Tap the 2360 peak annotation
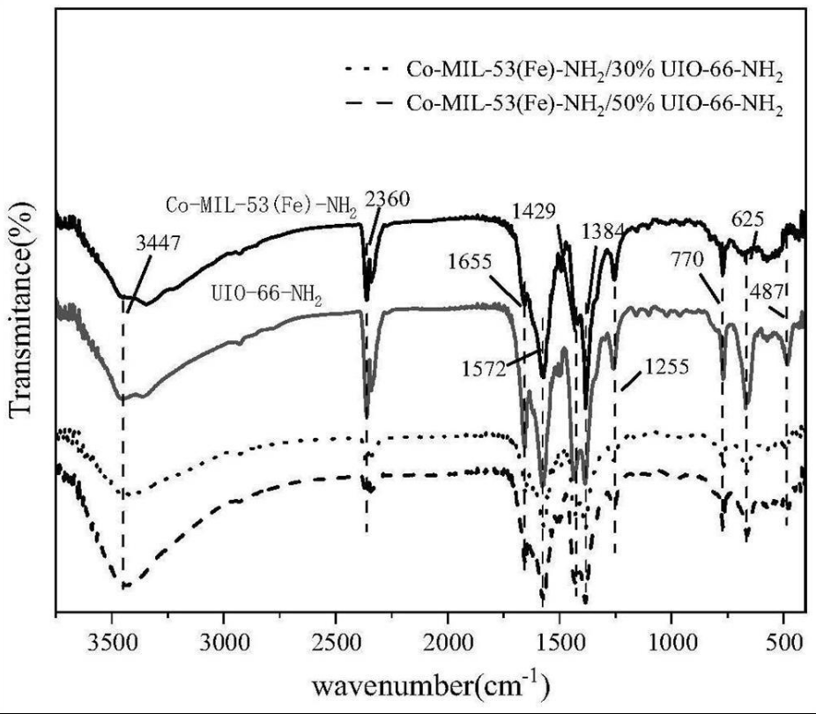[388, 200]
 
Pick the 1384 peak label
[605, 233]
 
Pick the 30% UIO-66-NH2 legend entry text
[593, 69]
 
